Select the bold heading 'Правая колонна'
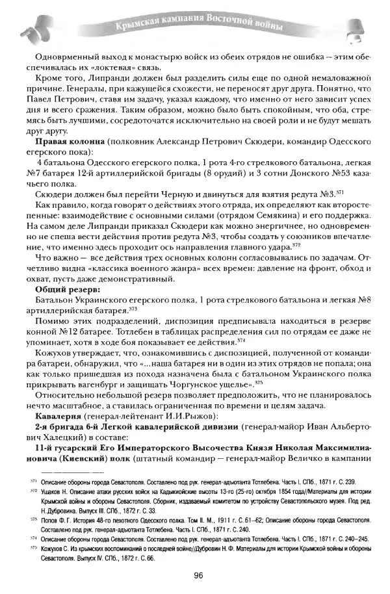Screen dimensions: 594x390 tap(65, 142)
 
